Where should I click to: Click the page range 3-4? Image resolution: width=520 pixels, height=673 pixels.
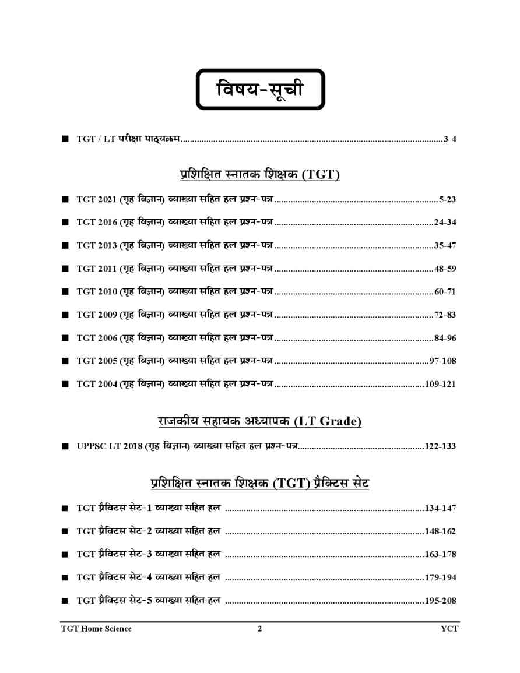pyautogui.click(x=449, y=139)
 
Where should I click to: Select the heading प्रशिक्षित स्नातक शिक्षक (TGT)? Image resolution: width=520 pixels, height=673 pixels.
pyautogui.click(x=259, y=174)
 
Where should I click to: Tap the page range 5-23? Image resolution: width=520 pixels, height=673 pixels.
pyautogui.click(x=447, y=199)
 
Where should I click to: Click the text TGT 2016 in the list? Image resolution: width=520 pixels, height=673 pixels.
pyautogui.click(x=97, y=222)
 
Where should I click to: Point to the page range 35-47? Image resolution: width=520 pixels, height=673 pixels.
pyautogui.click(x=445, y=245)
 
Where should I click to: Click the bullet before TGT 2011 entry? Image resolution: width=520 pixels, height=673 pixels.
pyautogui.click(x=65, y=269)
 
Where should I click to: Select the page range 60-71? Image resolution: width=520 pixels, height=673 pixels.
pyautogui.click(x=445, y=291)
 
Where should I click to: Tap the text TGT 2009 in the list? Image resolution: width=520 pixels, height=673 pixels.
pyautogui.click(x=97, y=315)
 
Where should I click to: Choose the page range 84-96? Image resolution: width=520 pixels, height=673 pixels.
pyautogui.click(x=445, y=338)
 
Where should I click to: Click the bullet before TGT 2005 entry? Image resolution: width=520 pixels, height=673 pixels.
pyautogui.click(x=65, y=361)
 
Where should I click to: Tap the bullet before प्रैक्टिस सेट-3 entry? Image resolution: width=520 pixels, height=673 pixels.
pyautogui.click(x=65, y=555)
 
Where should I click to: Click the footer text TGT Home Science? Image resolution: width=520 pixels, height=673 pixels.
pyautogui.click(x=96, y=629)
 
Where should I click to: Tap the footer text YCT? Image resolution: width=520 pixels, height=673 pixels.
pyautogui.click(x=449, y=629)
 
